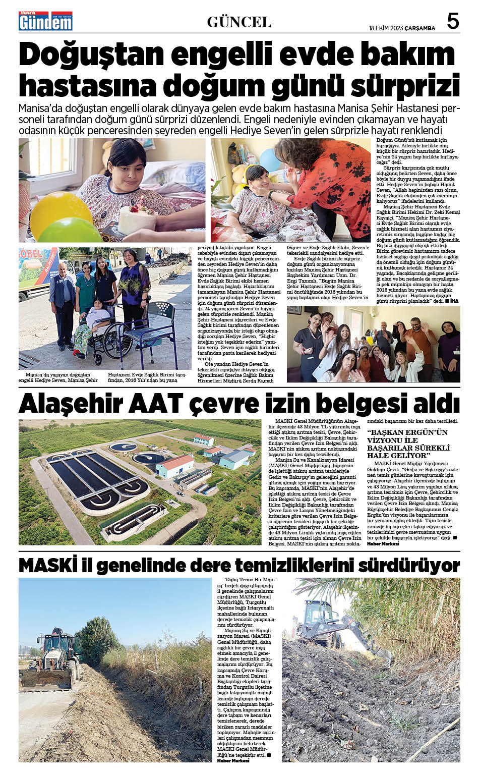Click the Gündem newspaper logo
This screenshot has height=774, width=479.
click(x=45, y=21)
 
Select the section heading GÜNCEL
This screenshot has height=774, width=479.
click(x=239, y=22)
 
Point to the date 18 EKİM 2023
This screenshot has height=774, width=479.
click(x=386, y=28)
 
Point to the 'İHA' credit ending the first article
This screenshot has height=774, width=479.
click(x=454, y=301)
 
